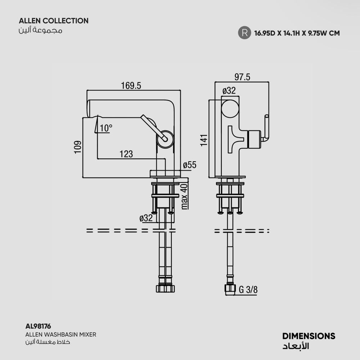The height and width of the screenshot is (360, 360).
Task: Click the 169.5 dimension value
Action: click(x=131, y=86)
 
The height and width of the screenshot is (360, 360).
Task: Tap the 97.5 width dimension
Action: click(x=242, y=77)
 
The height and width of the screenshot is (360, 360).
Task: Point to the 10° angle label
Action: click(x=106, y=128)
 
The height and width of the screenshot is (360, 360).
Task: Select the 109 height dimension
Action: click(x=78, y=147)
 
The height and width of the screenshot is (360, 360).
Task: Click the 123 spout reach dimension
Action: click(x=126, y=154)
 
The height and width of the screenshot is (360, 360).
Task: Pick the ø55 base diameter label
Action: click(x=190, y=165)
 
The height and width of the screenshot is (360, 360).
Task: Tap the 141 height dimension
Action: click(x=204, y=140)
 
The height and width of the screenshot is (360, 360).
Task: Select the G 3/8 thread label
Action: click(x=248, y=289)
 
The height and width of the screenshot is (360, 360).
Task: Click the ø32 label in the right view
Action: click(x=229, y=91)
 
